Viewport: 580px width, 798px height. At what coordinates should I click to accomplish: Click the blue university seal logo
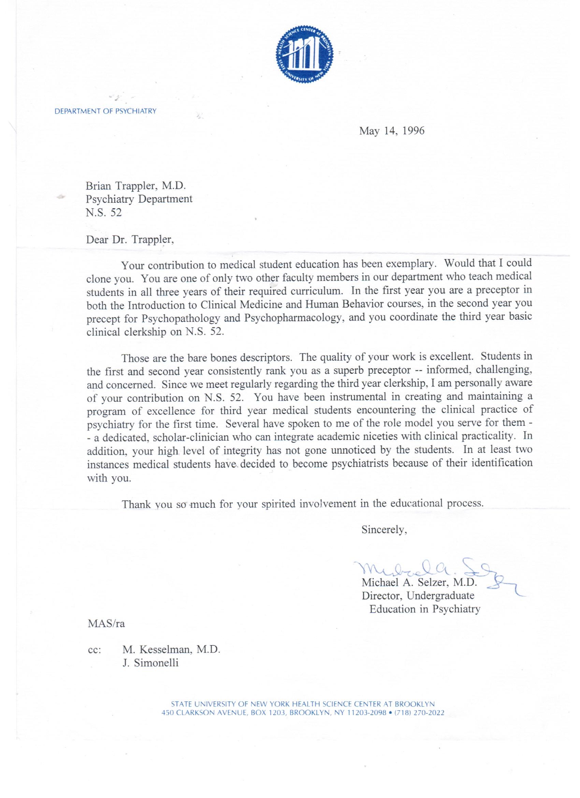(305, 56)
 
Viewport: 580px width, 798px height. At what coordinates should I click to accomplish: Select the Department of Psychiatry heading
(105, 111)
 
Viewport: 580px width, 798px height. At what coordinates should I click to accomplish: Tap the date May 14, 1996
(391, 131)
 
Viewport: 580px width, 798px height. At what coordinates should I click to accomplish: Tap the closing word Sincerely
(384, 530)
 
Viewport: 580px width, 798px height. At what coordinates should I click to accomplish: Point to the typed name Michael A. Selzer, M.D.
(419, 583)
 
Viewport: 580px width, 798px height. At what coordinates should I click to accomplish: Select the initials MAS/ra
(106, 624)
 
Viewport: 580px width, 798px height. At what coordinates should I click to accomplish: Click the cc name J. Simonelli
(150, 663)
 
